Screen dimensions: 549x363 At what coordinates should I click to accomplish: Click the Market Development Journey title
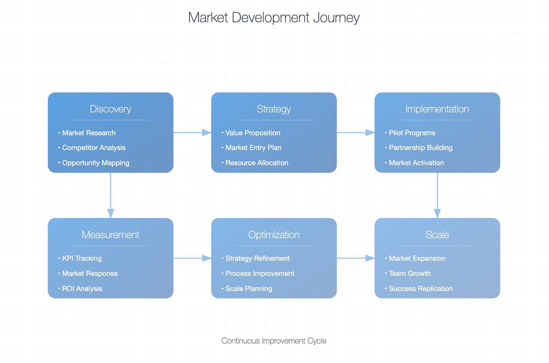coord(274,17)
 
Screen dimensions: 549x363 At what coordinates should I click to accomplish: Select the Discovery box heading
coord(110,109)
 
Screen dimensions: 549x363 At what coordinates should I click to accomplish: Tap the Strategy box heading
coord(274,109)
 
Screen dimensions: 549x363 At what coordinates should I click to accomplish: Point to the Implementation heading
coord(437,109)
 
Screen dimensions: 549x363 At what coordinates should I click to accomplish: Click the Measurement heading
coord(110,234)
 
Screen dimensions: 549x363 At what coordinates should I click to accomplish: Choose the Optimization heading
coord(274,234)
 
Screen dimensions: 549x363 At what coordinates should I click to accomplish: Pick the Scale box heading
coord(437,234)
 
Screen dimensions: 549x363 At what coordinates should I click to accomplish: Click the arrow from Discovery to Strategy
coord(193,133)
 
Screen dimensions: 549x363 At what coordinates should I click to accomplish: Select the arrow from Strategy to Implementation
coord(356,133)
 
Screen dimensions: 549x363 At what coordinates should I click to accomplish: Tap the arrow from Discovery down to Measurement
coord(110,195)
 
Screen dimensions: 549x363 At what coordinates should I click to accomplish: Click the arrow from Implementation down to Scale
coord(437,195)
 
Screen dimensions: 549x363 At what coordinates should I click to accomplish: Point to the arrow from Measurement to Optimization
coord(193,258)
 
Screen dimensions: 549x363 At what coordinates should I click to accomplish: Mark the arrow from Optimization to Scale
coord(356,258)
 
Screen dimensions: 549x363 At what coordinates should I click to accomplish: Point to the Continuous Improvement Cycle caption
coord(274,341)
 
